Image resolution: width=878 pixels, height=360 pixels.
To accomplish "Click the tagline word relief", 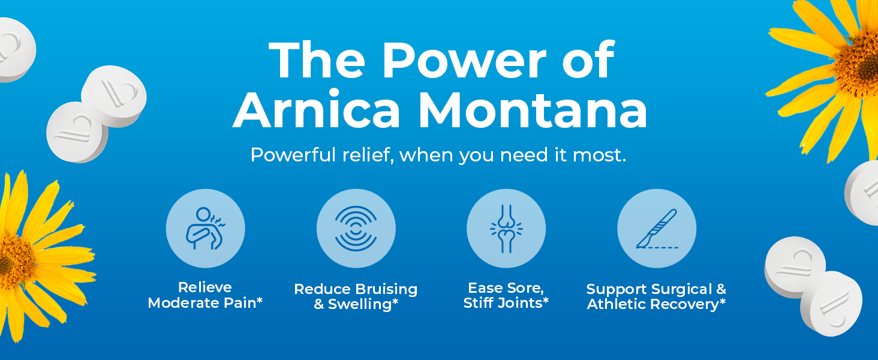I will coord(362,155).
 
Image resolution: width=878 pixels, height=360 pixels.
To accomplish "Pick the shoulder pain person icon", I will coord(205,228).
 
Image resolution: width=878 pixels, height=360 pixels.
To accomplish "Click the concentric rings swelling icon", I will coord(356,228).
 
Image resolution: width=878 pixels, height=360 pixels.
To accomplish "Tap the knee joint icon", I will coord(506,228).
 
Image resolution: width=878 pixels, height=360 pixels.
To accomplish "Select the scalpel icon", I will coord(657,228).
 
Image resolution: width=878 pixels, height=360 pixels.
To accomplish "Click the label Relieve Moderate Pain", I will coord(205,295).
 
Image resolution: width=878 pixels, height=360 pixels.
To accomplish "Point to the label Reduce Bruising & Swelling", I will coord(356,296).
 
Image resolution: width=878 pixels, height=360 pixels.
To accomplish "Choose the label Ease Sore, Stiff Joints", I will coord(506,295).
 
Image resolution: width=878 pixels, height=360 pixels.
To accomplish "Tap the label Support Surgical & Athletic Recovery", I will coord(657,296).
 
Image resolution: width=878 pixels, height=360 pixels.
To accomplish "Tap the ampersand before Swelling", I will coord(319,304).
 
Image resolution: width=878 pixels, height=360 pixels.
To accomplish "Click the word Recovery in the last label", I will coord(688,304).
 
